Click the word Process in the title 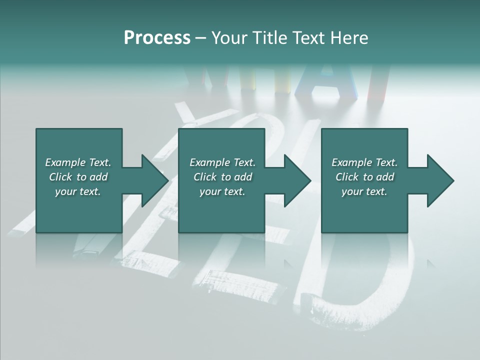[157, 38]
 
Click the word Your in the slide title [229, 38]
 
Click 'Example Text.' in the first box [78, 162]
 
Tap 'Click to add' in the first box [78, 177]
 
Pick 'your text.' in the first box [78, 191]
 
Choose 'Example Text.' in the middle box [222, 162]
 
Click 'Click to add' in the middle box [222, 177]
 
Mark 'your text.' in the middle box [222, 191]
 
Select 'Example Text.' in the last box [364, 162]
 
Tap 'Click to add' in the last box [364, 177]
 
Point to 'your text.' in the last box [364, 191]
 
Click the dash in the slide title [201, 38]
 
